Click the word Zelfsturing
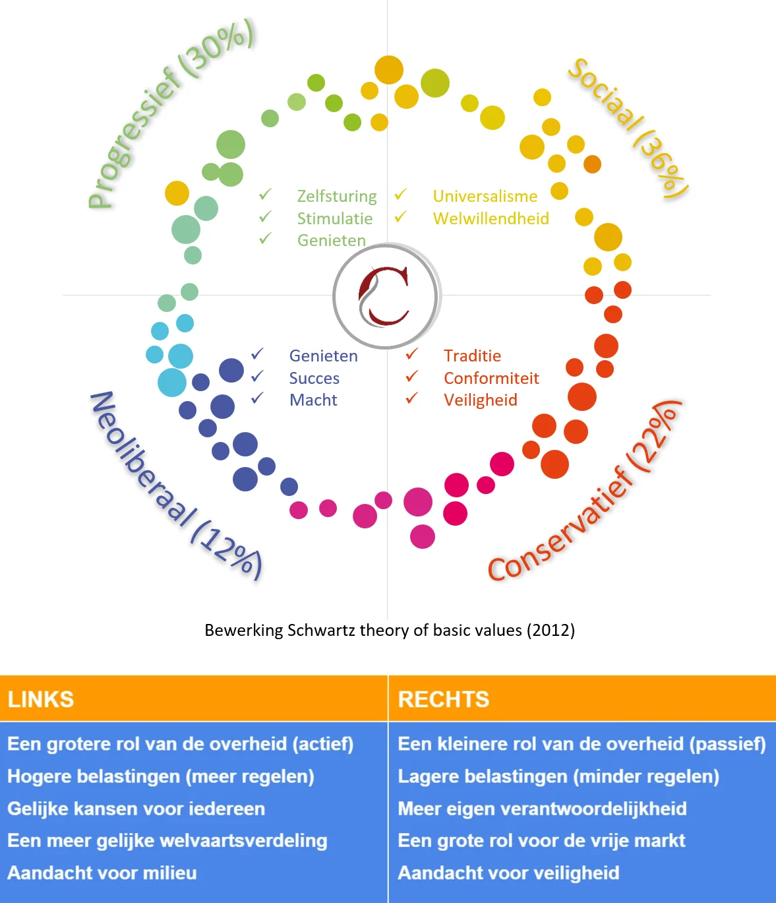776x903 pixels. (x=337, y=197)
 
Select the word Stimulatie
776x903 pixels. (x=335, y=218)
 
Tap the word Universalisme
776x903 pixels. (x=485, y=196)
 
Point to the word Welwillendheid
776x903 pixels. (x=491, y=218)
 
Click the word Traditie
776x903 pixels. (x=473, y=356)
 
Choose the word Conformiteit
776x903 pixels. (x=491, y=378)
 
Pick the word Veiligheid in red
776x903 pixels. (x=481, y=400)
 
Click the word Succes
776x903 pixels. (x=314, y=379)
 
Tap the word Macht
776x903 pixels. (x=313, y=400)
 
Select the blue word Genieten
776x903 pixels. (x=323, y=356)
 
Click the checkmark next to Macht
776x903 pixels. (x=257, y=398)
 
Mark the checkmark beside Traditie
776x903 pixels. (x=412, y=354)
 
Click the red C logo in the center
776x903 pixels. (x=384, y=296)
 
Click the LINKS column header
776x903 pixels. (x=41, y=699)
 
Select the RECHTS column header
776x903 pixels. (x=443, y=699)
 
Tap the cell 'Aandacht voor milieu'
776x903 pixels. (x=102, y=873)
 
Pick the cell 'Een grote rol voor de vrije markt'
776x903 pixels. (x=541, y=841)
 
